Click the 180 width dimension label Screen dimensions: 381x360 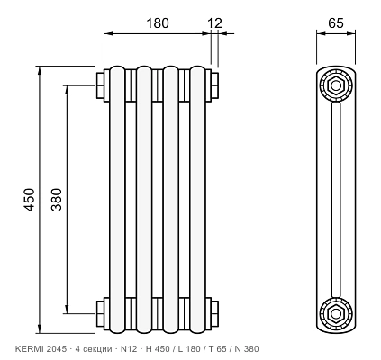point(158,23)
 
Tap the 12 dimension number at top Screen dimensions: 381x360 point(215,23)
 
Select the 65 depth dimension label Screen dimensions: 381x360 point(336,23)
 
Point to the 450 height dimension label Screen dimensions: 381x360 point(30,200)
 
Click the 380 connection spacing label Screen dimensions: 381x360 point(56,200)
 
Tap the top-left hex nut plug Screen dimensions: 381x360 point(100,85)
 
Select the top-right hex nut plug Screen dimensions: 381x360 point(214,85)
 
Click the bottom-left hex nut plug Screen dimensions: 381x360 point(100,314)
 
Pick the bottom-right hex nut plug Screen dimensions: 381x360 point(214,314)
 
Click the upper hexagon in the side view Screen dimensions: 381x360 point(336,85)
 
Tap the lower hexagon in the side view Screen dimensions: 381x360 point(336,314)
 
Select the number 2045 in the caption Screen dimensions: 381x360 point(55,349)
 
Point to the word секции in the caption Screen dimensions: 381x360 point(95,349)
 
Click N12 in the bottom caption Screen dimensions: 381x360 point(129,349)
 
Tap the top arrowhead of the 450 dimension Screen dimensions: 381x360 point(40,69)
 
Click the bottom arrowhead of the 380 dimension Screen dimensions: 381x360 point(67,310)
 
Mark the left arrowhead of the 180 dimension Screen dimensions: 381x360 point(108,33)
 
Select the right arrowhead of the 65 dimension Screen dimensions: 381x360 point(351,33)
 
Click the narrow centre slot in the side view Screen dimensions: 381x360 point(336,200)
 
